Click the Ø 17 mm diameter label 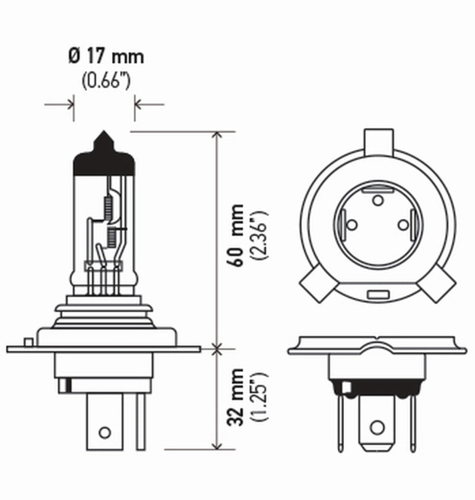(105, 58)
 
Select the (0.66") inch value (105, 80)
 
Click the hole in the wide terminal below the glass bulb (105, 432)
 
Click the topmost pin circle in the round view (378, 200)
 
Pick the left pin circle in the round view (351, 225)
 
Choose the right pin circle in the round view (403, 225)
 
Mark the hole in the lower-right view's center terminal (376, 427)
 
